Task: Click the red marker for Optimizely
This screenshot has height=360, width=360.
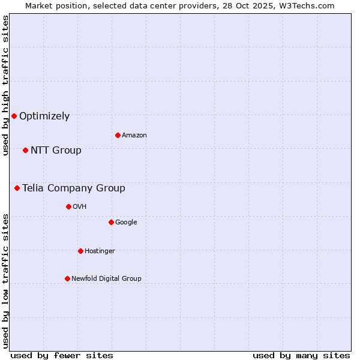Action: tap(14, 116)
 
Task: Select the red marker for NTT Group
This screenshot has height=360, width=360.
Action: tap(25, 150)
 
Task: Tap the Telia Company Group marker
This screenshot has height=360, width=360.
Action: tap(17, 188)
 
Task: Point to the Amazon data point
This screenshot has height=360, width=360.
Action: tap(118, 135)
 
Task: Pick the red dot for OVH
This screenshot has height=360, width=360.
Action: tap(68, 206)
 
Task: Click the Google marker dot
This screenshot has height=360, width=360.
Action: tap(111, 222)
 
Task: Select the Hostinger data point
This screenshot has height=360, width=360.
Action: tap(80, 251)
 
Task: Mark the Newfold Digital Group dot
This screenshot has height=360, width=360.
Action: tap(67, 278)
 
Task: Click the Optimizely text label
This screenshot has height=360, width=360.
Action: tap(44, 116)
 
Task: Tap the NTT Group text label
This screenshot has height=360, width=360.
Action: tap(56, 151)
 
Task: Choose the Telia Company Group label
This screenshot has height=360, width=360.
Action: tap(74, 188)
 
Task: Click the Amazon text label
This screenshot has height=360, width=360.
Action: tap(134, 136)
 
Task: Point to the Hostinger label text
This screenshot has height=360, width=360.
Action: tap(100, 251)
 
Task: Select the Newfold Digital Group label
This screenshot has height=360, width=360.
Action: tap(106, 278)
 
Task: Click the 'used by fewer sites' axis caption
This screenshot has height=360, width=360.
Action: tap(62, 355)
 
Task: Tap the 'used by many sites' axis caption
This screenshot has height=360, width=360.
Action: tap(301, 355)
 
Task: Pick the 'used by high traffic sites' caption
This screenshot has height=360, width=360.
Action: tap(5, 85)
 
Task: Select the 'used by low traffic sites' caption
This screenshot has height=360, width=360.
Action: tap(5, 281)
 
